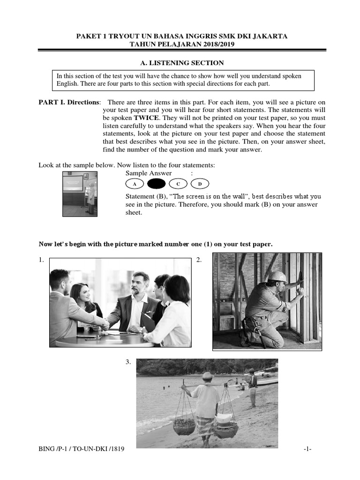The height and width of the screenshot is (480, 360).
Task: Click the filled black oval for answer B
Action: tap(156, 184)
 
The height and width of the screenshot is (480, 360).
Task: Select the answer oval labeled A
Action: tap(135, 184)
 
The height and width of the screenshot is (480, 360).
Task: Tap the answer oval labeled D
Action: tap(200, 184)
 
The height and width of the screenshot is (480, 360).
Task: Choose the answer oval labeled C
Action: tap(178, 184)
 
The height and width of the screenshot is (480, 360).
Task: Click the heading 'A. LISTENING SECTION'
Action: tap(182, 63)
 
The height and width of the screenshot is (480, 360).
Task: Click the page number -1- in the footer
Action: tap(307, 449)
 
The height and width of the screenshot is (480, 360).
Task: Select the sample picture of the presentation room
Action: tap(80, 194)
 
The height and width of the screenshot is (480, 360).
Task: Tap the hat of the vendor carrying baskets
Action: tap(207, 375)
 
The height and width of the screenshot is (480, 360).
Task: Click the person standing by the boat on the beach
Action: tap(253, 387)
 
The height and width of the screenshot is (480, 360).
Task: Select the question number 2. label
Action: tap(199, 260)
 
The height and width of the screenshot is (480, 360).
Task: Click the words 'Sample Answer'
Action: tap(149, 173)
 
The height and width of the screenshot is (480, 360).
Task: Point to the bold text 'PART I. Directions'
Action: tap(69, 102)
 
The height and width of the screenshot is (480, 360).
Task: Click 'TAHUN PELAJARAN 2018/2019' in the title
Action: tap(182, 44)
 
